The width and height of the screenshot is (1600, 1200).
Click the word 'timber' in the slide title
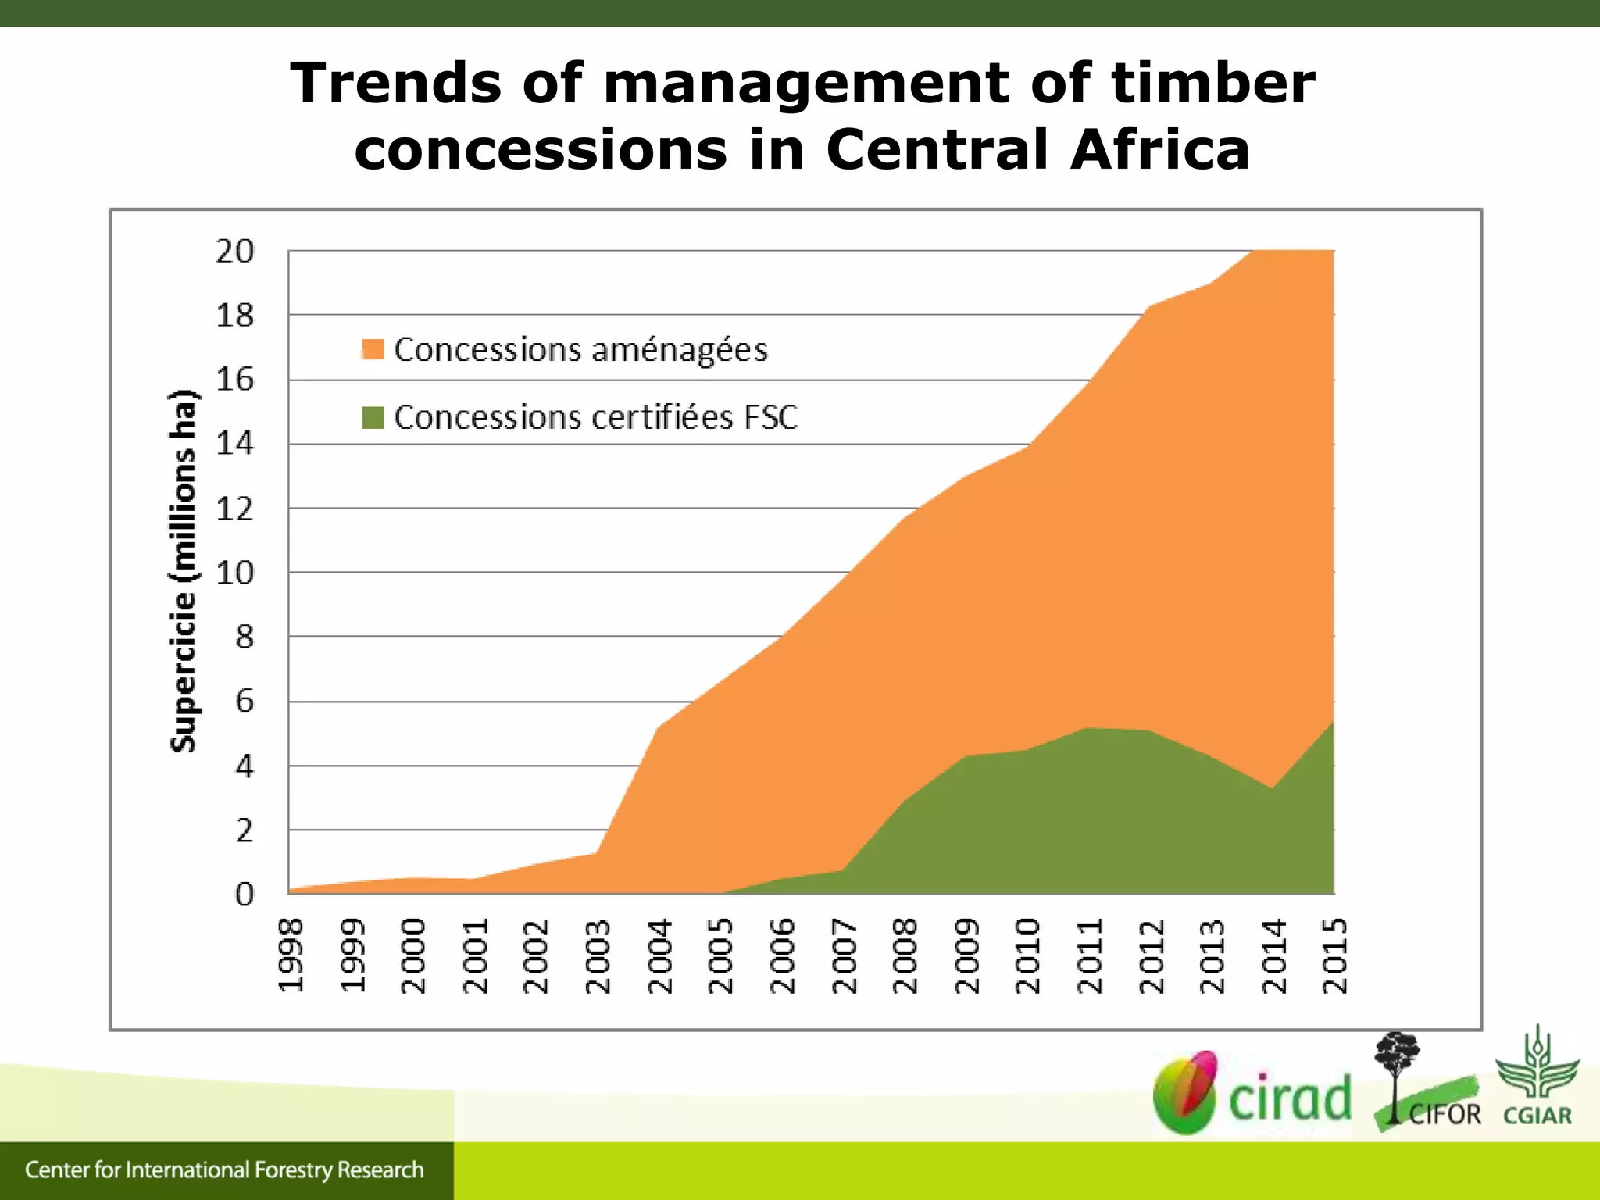(x=1212, y=83)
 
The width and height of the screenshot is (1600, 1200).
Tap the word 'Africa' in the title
(x=1160, y=149)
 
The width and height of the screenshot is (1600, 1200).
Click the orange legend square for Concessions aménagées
(x=373, y=349)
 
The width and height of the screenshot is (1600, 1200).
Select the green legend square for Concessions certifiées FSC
(x=373, y=417)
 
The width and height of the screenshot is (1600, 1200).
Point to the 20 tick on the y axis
(x=235, y=252)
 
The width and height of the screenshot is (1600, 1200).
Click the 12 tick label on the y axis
(x=235, y=509)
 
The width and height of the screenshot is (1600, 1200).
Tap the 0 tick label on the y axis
(x=245, y=895)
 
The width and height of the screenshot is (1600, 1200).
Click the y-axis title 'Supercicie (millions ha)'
(x=183, y=570)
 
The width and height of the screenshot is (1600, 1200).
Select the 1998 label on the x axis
(x=291, y=955)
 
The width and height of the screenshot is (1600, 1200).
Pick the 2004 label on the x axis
(x=660, y=955)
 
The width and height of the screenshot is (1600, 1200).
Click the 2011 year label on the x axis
(x=1089, y=955)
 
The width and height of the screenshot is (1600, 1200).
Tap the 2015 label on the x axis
(x=1334, y=955)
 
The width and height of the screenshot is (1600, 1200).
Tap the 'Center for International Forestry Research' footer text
(x=224, y=1170)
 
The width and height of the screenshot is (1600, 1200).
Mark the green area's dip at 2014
(x=1273, y=788)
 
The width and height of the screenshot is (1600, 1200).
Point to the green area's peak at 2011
(x=1089, y=728)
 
